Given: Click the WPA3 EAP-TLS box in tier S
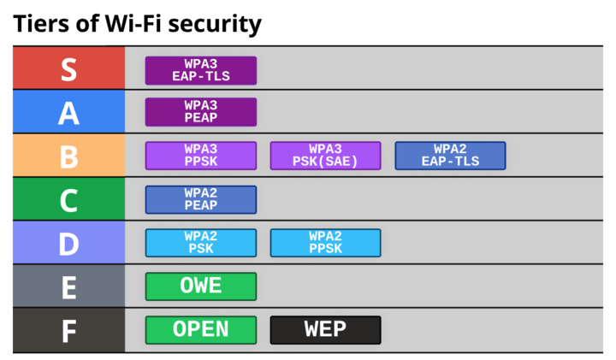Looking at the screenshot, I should (201, 70).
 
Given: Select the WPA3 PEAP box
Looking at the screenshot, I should (201, 112).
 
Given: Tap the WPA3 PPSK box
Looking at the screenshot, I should (201, 156).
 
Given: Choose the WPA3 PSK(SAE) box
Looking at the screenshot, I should (326, 156).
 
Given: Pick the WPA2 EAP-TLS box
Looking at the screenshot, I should (450, 156).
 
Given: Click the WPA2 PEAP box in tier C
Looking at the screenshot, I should (201, 199).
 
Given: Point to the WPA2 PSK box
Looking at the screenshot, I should (201, 243).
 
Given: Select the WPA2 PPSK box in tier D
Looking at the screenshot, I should (326, 243).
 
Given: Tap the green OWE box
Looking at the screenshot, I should (201, 286).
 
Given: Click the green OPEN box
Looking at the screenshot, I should (201, 329).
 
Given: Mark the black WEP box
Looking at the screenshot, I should (326, 329).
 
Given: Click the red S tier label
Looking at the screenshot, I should (68, 69).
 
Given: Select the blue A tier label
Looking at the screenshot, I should (68, 112).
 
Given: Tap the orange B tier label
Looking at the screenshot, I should (68, 156).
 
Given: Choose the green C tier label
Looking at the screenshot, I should (68, 199).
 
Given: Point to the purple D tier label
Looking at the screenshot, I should (68, 243).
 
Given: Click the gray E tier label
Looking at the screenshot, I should (68, 286).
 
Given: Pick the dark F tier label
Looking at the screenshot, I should (68, 330).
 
